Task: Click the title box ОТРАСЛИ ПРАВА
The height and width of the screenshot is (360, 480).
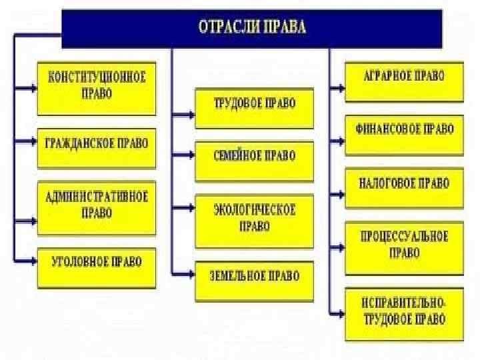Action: pos(251,28)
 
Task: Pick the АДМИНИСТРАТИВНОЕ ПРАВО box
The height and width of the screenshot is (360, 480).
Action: pos(96,205)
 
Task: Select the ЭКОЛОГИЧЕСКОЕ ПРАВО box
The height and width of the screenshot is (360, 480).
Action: pos(254,219)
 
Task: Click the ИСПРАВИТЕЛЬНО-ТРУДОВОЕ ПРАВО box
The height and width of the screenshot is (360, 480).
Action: pos(404,312)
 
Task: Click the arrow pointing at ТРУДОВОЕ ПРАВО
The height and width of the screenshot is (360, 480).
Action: pos(183,114)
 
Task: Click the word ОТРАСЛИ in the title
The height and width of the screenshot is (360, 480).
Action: pos(223,28)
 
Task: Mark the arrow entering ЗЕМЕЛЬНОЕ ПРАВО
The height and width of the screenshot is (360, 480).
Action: pos(183,273)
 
